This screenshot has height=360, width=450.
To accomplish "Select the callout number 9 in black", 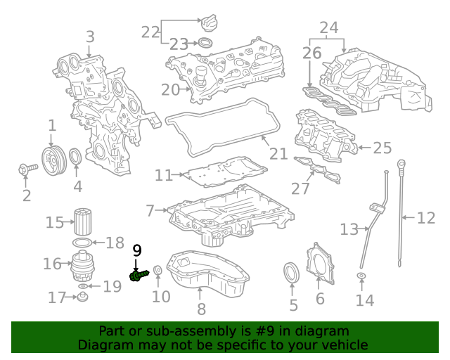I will coord(137,250).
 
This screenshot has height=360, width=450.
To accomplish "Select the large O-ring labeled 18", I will coord(82,243).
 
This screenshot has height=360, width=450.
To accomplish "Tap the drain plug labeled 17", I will coord(82,298).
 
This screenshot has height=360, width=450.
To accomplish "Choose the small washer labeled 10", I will coord(158,271).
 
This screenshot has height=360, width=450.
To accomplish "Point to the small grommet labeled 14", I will coord(361,276).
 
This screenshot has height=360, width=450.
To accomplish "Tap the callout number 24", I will coord(328,27).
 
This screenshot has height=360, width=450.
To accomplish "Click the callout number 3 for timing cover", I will coord(89,37).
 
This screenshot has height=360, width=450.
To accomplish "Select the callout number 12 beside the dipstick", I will coord(426,218).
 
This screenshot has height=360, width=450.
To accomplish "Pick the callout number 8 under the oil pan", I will coord(201,308).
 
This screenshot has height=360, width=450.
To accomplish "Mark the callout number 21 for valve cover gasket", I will coord(278,153).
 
